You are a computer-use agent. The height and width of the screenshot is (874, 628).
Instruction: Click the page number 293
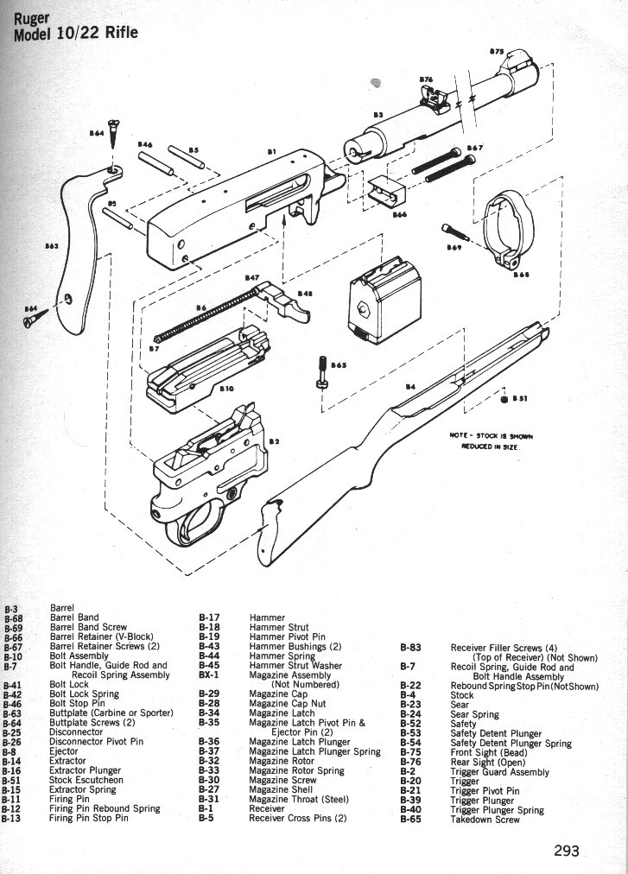pyautogui.click(x=566, y=850)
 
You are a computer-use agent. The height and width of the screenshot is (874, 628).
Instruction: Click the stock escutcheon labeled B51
pyautogui.click(x=504, y=398)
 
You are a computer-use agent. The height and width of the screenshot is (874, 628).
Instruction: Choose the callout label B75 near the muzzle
pyautogui.click(x=497, y=53)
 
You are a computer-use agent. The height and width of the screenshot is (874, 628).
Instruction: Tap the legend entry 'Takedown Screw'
pyautogui.click(x=485, y=819)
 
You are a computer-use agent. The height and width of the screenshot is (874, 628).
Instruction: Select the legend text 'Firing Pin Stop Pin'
pyautogui.click(x=89, y=818)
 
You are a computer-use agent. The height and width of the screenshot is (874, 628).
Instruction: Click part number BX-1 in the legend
pyautogui.click(x=210, y=675)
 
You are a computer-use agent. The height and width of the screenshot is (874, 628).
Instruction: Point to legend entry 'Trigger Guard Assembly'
pyautogui.click(x=499, y=772)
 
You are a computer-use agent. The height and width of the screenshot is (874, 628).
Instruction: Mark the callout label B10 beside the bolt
pyautogui.click(x=227, y=389)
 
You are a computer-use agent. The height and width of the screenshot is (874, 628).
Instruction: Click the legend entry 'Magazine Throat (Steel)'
pyautogui.click(x=299, y=799)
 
